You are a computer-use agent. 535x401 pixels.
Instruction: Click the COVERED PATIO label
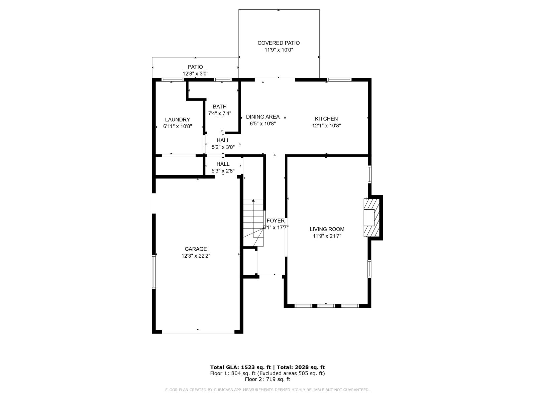279,43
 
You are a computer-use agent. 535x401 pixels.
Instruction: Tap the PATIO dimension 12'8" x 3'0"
196,74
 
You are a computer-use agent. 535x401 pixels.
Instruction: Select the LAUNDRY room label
178,120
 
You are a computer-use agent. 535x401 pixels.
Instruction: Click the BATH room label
220,107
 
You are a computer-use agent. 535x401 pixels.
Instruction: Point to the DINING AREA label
263,117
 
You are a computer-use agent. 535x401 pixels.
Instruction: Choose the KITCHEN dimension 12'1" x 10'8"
326,126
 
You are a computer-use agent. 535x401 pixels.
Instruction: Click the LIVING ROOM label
327,229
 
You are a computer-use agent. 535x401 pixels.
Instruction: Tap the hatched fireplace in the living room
372,218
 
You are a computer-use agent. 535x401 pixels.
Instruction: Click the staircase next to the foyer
253,222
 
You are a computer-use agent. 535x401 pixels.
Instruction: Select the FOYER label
276,221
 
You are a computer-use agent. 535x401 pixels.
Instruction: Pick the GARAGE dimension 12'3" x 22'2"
196,256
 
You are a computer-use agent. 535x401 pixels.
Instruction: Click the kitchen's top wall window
339,80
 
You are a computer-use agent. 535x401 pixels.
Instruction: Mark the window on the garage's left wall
154,271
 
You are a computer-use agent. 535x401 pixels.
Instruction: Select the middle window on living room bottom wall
326,305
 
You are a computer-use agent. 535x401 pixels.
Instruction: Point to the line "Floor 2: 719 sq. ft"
267,379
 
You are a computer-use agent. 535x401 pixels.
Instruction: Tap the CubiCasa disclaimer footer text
267,390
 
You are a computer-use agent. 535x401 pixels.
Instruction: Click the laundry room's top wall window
173,80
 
